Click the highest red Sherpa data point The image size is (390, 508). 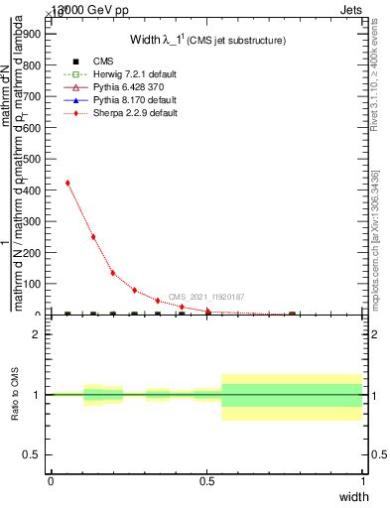coord(67,183)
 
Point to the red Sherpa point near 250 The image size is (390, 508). coord(93,237)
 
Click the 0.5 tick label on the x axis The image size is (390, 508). coord(206,480)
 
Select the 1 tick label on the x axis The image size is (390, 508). coord(362,480)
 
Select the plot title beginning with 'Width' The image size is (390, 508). coord(208,41)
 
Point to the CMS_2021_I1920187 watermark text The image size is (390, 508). coord(206,297)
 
